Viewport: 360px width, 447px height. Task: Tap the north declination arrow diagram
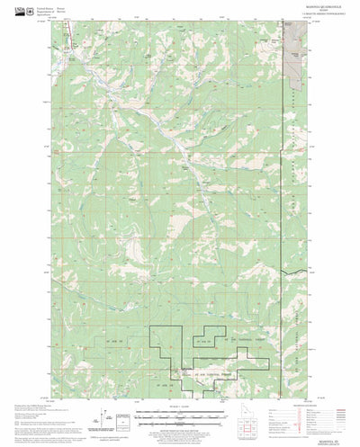click(107, 419)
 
